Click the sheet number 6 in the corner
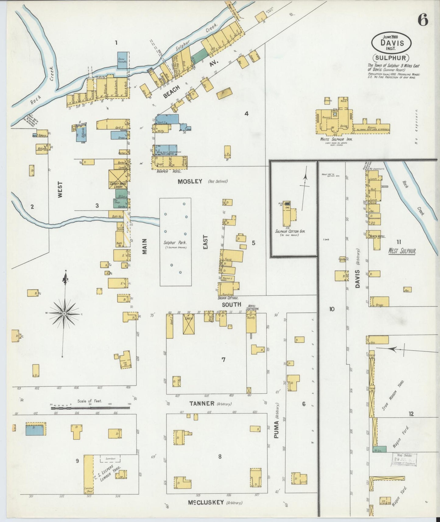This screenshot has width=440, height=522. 423,20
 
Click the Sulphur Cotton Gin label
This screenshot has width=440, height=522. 290,231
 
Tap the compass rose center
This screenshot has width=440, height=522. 65,313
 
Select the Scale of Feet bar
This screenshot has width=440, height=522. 90,407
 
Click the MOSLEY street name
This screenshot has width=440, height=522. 190,182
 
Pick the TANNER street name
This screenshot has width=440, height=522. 202,404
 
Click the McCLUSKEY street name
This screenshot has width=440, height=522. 208,502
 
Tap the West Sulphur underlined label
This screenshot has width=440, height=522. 402,252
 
